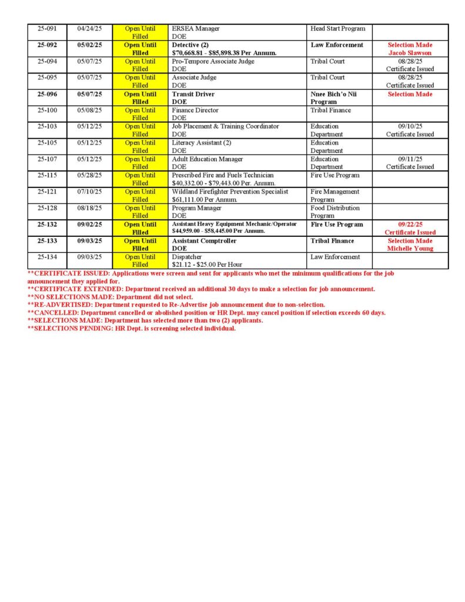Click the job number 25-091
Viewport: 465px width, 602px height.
pos(47,28)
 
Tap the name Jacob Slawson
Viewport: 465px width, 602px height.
pos(410,53)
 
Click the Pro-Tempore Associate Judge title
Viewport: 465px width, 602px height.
pos(213,61)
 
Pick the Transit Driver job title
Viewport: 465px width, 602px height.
pos(193,94)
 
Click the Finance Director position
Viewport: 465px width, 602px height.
pos(195,110)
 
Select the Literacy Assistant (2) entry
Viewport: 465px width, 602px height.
pos(202,143)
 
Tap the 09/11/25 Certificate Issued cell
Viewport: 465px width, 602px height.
pos(410,163)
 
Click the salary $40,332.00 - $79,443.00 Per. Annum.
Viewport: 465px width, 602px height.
pos(223,183)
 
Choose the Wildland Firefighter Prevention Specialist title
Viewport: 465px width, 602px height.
pos(230,192)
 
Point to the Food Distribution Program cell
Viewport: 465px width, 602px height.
pos(335,212)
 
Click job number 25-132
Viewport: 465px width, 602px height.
pos(48,225)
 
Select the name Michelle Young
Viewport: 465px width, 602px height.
pos(410,249)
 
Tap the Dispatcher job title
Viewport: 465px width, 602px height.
pos(188,257)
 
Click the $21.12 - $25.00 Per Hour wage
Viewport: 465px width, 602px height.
pos(206,265)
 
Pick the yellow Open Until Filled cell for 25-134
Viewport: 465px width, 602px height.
pos(140,260)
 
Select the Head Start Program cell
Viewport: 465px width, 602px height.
pos(337,28)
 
